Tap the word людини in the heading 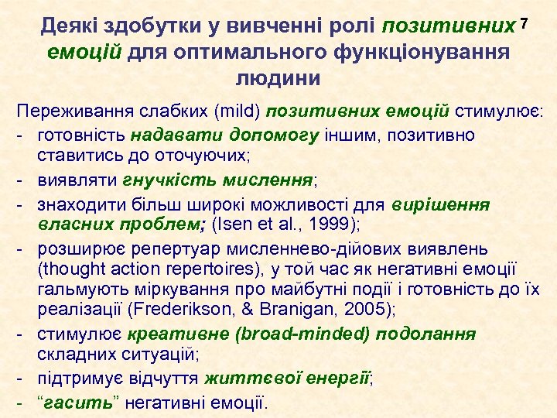click(278, 79)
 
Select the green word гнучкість click(162, 180)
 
